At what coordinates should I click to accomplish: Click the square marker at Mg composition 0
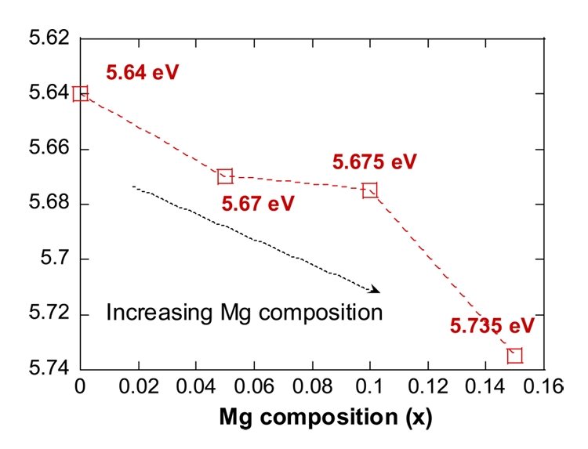[x=80, y=94]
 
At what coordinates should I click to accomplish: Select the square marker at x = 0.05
[x=225, y=176]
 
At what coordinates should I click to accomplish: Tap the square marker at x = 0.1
[x=370, y=190]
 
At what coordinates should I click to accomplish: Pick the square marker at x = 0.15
[x=514, y=356]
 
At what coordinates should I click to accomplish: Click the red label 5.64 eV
[x=143, y=74]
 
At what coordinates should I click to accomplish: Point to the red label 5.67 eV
[x=258, y=204]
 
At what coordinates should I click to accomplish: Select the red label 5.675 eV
[x=375, y=162]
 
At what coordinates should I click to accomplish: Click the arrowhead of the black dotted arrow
[x=376, y=291]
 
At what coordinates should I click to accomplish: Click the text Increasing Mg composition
[x=244, y=313]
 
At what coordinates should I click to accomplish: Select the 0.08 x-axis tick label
[x=311, y=387]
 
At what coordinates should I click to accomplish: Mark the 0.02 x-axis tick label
[x=137, y=387]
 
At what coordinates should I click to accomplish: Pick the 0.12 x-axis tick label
[x=427, y=387]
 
